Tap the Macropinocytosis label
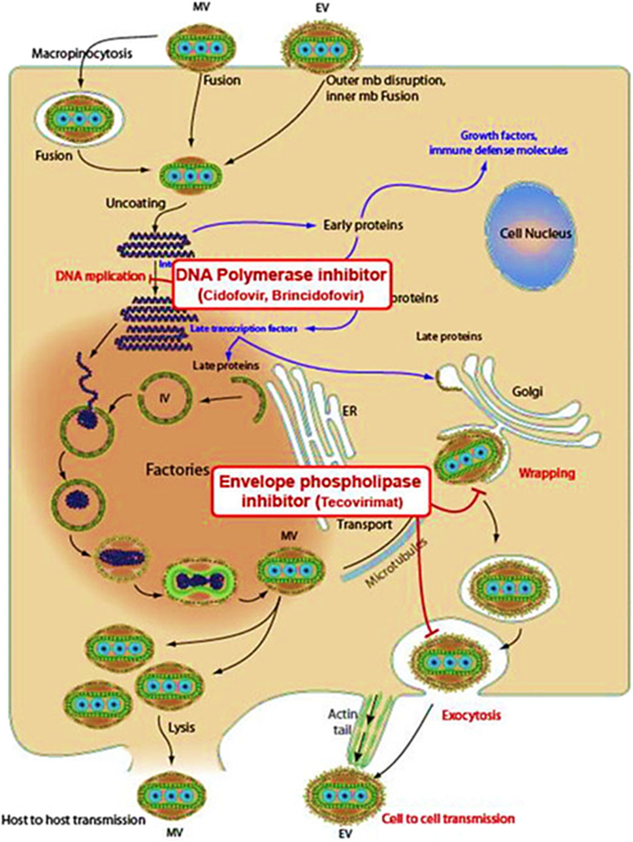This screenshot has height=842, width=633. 82,53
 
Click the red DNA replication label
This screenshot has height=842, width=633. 100,276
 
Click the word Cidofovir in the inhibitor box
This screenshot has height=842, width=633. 234,295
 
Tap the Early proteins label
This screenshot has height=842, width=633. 363,225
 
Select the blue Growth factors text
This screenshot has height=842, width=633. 498,136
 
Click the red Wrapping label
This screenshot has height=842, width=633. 547,472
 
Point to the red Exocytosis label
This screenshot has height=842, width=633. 471,715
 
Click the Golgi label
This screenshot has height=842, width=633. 527,392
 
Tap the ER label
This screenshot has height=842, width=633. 349,412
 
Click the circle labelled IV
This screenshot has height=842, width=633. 165,396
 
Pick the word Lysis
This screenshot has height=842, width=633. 181,726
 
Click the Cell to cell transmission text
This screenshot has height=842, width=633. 448,818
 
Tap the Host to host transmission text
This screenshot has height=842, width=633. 73,819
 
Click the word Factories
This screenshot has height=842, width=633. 177,469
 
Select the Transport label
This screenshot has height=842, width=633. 365,524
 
